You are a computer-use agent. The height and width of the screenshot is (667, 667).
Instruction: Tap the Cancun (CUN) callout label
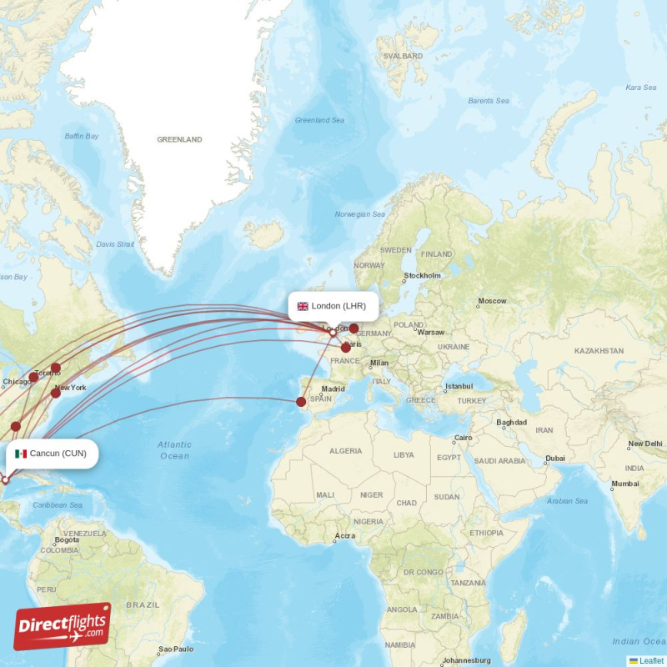[52, 454]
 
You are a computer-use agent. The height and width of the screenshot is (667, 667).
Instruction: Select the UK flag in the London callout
[303, 306]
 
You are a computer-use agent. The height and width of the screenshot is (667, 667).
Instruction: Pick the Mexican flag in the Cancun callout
[21, 454]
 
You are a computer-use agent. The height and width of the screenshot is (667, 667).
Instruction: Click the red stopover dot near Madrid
[301, 402]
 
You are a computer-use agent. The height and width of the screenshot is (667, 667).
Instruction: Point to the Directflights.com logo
[63, 626]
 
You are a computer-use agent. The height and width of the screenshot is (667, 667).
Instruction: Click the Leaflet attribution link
[651, 660]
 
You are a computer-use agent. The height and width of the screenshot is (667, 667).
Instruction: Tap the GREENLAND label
[179, 139]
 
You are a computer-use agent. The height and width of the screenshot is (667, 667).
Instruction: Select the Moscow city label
[491, 301]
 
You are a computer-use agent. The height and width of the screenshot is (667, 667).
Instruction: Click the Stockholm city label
[422, 275]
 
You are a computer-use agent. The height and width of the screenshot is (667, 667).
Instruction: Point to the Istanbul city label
[458, 386]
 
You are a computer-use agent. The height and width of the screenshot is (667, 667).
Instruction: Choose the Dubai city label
[554, 458]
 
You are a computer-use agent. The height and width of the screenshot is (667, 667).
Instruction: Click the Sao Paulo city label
[177, 649]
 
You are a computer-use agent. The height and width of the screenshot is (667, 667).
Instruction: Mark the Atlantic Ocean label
[174, 450]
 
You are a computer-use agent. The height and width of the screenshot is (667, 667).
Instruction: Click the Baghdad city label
[511, 422]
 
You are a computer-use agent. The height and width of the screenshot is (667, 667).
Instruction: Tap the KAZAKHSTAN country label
[599, 351]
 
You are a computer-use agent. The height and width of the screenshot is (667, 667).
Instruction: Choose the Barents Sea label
[488, 101]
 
